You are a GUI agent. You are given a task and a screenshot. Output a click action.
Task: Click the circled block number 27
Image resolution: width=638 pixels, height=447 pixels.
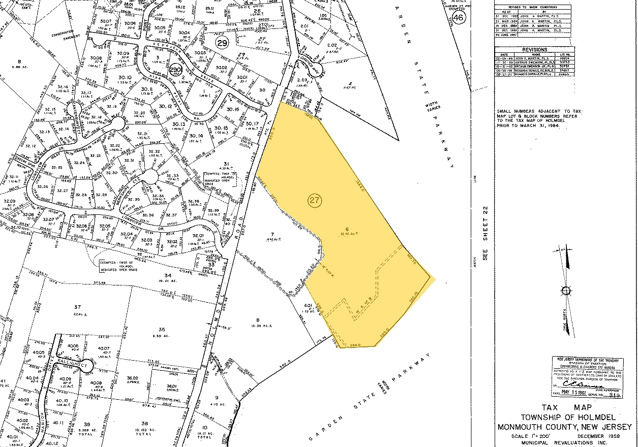[315, 200]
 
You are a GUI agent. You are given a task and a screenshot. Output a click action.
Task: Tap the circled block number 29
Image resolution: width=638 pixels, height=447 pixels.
[222, 43]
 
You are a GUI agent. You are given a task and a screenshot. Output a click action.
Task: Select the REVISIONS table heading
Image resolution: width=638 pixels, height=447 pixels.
[534, 50]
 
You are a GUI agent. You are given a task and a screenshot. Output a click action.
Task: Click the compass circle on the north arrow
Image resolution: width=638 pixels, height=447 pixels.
[567, 291]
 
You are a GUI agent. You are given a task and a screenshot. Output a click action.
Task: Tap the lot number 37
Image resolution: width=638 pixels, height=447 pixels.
[77, 307]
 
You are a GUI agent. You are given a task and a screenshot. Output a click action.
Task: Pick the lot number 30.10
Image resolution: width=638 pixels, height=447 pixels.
[125, 78]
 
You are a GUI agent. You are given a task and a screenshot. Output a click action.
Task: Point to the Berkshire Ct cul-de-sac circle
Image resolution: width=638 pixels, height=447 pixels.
[150, 176]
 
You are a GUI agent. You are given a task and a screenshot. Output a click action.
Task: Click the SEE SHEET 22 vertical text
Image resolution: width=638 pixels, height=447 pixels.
[485, 233]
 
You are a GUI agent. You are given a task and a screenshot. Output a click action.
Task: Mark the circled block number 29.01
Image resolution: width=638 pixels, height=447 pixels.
[175, 70]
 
